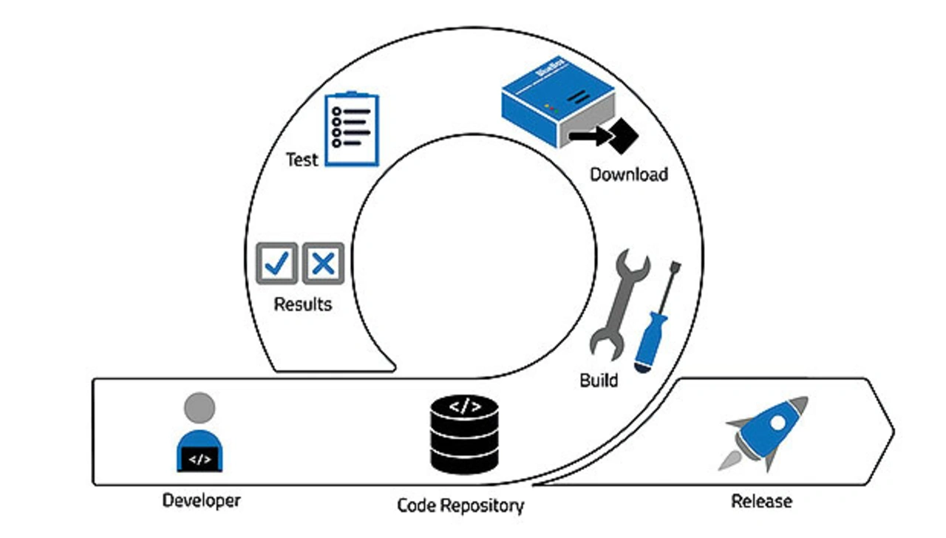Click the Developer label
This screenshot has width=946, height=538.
pyautogui.click(x=201, y=500)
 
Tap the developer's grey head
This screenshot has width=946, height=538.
pyautogui.click(x=200, y=407)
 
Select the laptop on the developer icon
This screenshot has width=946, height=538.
pyautogui.click(x=200, y=459)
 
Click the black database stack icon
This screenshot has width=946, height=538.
pyautogui.click(x=464, y=435)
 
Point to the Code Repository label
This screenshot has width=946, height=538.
pyautogui.click(x=460, y=505)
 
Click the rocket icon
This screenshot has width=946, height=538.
pyautogui.click(x=765, y=432)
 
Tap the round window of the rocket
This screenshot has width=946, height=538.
pyautogui.click(x=778, y=422)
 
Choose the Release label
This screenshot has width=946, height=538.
pyautogui.click(x=761, y=501)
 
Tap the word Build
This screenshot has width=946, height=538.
pyautogui.click(x=598, y=381)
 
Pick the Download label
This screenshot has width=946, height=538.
pyautogui.click(x=628, y=174)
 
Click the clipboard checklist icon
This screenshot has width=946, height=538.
pyautogui.click(x=352, y=129)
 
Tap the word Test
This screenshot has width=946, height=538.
pyautogui.click(x=302, y=160)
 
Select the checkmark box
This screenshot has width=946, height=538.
pyautogui.click(x=276, y=263)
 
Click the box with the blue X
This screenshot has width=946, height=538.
pyautogui.click(x=323, y=263)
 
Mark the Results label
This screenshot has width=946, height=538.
pyautogui.click(x=303, y=304)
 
